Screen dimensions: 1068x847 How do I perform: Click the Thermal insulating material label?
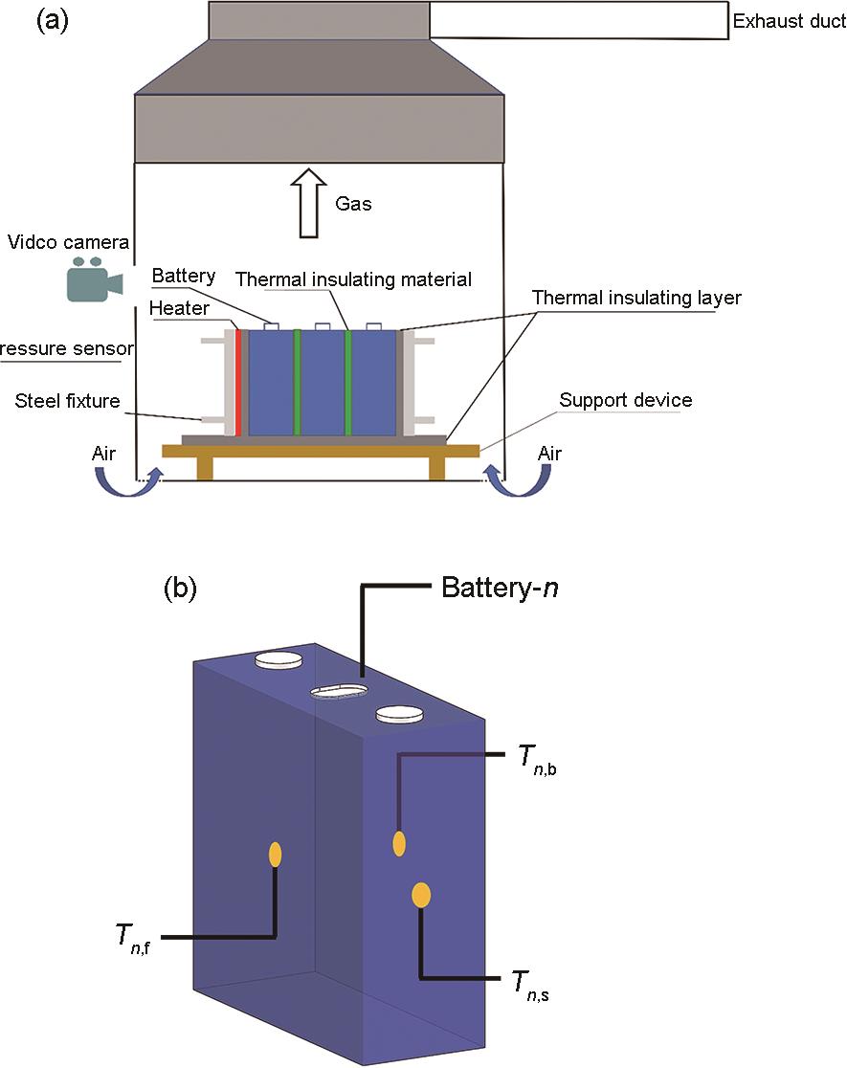pyautogui.click(x=354, y=279)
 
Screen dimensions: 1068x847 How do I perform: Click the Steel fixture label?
pyautogui.click(x=67, y=401)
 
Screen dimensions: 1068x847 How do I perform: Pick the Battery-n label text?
pyautogui.click(x=500, y=588)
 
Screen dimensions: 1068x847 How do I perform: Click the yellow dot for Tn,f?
pyautogui.click(x=275, y=854)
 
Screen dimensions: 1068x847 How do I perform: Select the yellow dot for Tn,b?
pyautogui.click(x=399, y=843)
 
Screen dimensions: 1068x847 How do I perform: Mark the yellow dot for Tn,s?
pyautogui.click(x=421, y=895)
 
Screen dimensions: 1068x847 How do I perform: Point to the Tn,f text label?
pyautogui.click(x=132, y=935)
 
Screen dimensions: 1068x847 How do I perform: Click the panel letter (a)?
pyautogui.click(x=53, y=21)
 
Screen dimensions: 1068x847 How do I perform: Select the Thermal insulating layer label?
pyautogui.click(x=636, y=298)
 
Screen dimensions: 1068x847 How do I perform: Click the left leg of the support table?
pyautogui.click(x=205, y=468)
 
